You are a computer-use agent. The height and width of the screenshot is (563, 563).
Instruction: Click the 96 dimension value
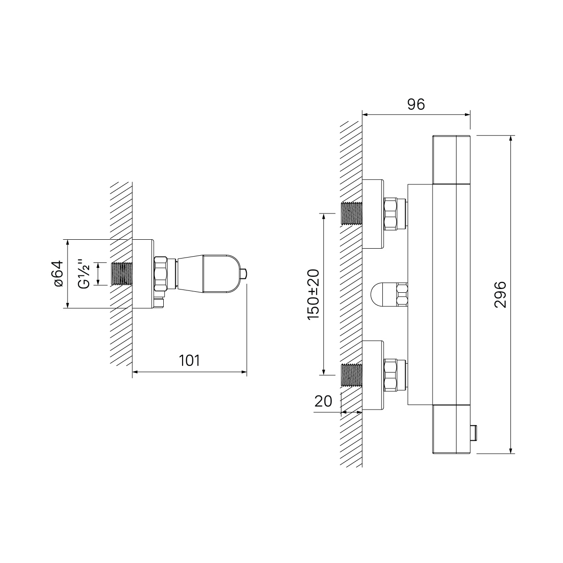[416, 104]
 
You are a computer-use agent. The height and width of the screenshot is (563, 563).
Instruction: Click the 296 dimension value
[500, 294]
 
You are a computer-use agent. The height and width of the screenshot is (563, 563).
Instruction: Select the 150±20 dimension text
[313, 294]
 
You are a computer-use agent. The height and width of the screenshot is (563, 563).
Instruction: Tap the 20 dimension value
[323, 401]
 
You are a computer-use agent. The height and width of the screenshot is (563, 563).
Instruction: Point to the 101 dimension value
[190, 360]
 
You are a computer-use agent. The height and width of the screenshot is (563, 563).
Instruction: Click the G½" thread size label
[84, 274]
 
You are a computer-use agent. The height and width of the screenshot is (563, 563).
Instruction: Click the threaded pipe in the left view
[122, 274]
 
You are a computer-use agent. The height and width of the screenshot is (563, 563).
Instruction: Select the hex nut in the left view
[160, 274]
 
